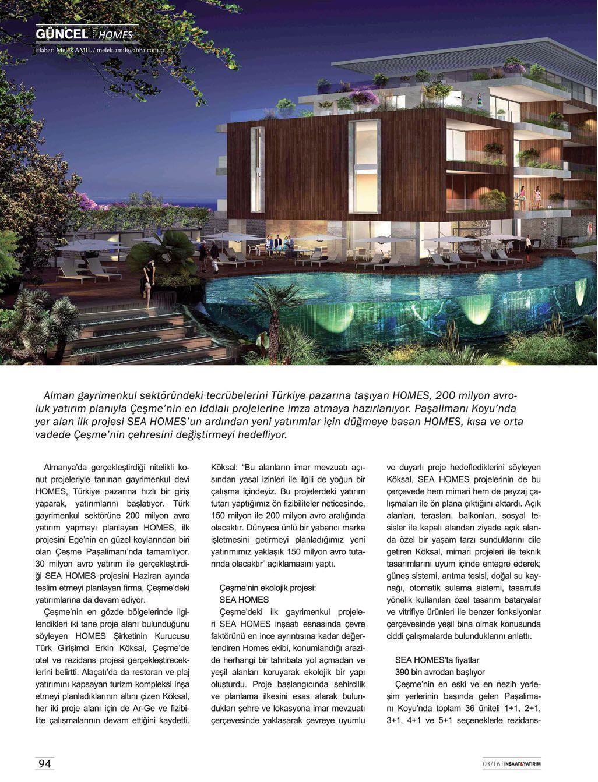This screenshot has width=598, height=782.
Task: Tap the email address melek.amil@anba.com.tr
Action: coord(131,51)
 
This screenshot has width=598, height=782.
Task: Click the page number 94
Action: coord(45,763)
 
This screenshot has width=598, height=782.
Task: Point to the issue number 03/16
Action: coord(491,764)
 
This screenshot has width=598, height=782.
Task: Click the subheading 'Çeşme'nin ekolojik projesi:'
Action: coord(268,588)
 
